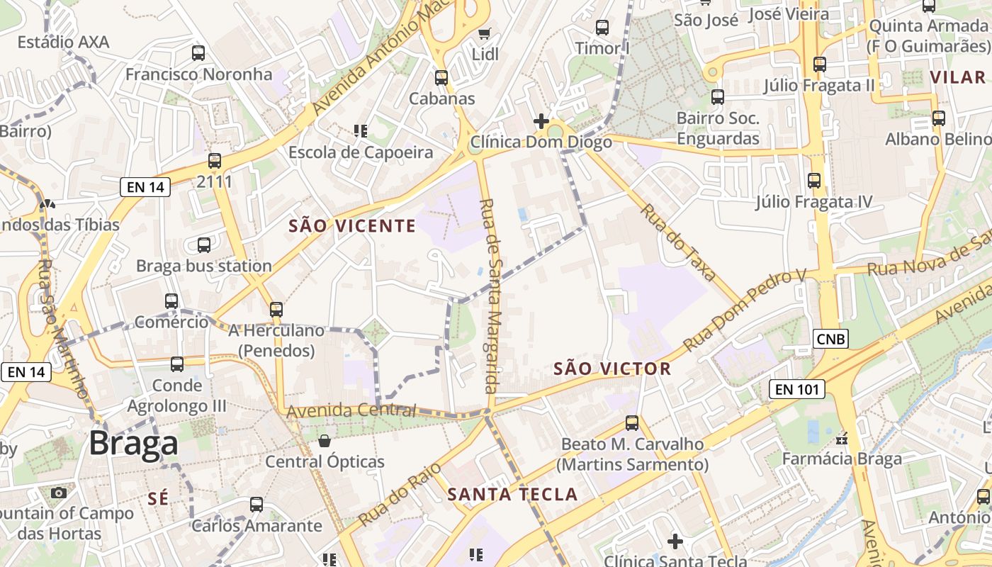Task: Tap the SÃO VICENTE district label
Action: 352,226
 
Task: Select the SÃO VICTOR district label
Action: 611,369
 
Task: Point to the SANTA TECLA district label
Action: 513,494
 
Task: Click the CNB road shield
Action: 830,339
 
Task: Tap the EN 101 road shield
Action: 797,388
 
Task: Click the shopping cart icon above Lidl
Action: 485,33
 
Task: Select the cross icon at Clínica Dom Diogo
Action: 541,120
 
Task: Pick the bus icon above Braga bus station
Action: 204,245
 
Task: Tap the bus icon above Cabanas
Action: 441,78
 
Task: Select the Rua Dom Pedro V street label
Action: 745,310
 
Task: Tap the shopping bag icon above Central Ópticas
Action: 325,441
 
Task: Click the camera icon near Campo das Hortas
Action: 59,493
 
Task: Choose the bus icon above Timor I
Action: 602,28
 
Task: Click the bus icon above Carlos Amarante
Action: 257,505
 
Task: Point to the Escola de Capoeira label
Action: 361,152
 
